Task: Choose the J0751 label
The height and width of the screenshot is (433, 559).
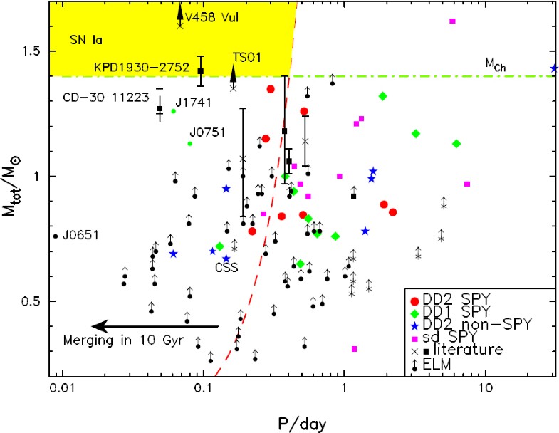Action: pyautogui.click(x=207, y=132)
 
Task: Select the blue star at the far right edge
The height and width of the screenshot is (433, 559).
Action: pyautogui.click(x=554, y=68)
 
